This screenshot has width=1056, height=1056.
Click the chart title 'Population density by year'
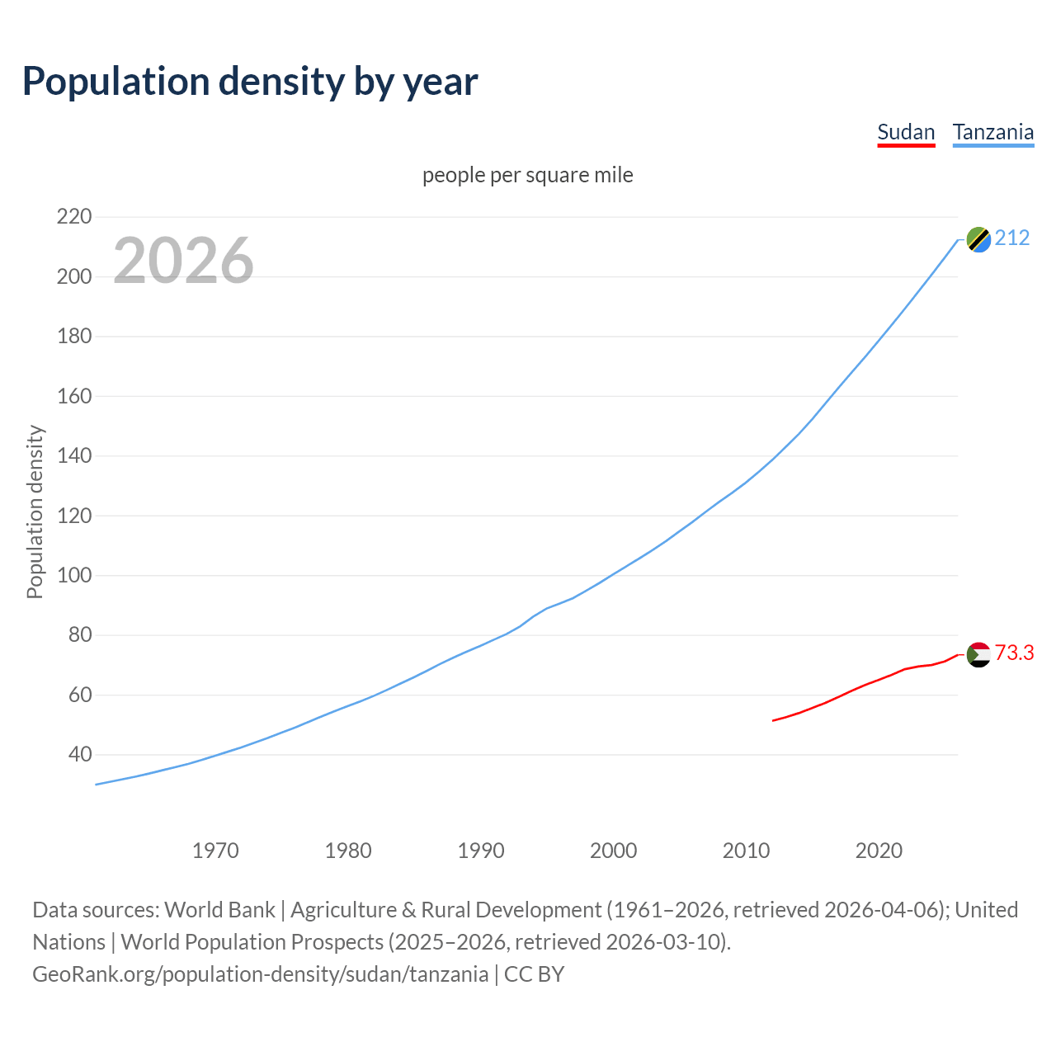[250, 82]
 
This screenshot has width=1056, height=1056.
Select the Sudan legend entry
[906, 132]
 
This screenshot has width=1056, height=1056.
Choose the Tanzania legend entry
[992, 132]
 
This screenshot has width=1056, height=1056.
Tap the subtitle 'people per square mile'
[527, 175]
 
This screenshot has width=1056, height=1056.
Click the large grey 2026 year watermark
[183, 261]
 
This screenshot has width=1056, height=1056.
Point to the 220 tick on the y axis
[73, 217]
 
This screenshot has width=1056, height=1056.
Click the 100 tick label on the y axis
[73, 575]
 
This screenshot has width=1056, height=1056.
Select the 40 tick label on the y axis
[79, 754]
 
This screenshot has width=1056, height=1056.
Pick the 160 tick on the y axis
[73, 396]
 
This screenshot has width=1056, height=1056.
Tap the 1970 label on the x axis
[215, 850]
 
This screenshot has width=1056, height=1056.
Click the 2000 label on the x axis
[613, 850]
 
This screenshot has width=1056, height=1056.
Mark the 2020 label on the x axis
[879, 850]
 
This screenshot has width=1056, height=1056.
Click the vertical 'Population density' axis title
[35, 511]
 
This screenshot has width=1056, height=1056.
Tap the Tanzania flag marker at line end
[978, 239]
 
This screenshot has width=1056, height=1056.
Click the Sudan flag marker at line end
[978, 654]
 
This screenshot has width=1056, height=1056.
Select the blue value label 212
[1012, 238]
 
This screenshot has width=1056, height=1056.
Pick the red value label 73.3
[1014, 653]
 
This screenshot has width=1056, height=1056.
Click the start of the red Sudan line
[773, 720]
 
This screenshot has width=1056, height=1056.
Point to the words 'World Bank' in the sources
[219, 909]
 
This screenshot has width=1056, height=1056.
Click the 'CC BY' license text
[534, 973]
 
